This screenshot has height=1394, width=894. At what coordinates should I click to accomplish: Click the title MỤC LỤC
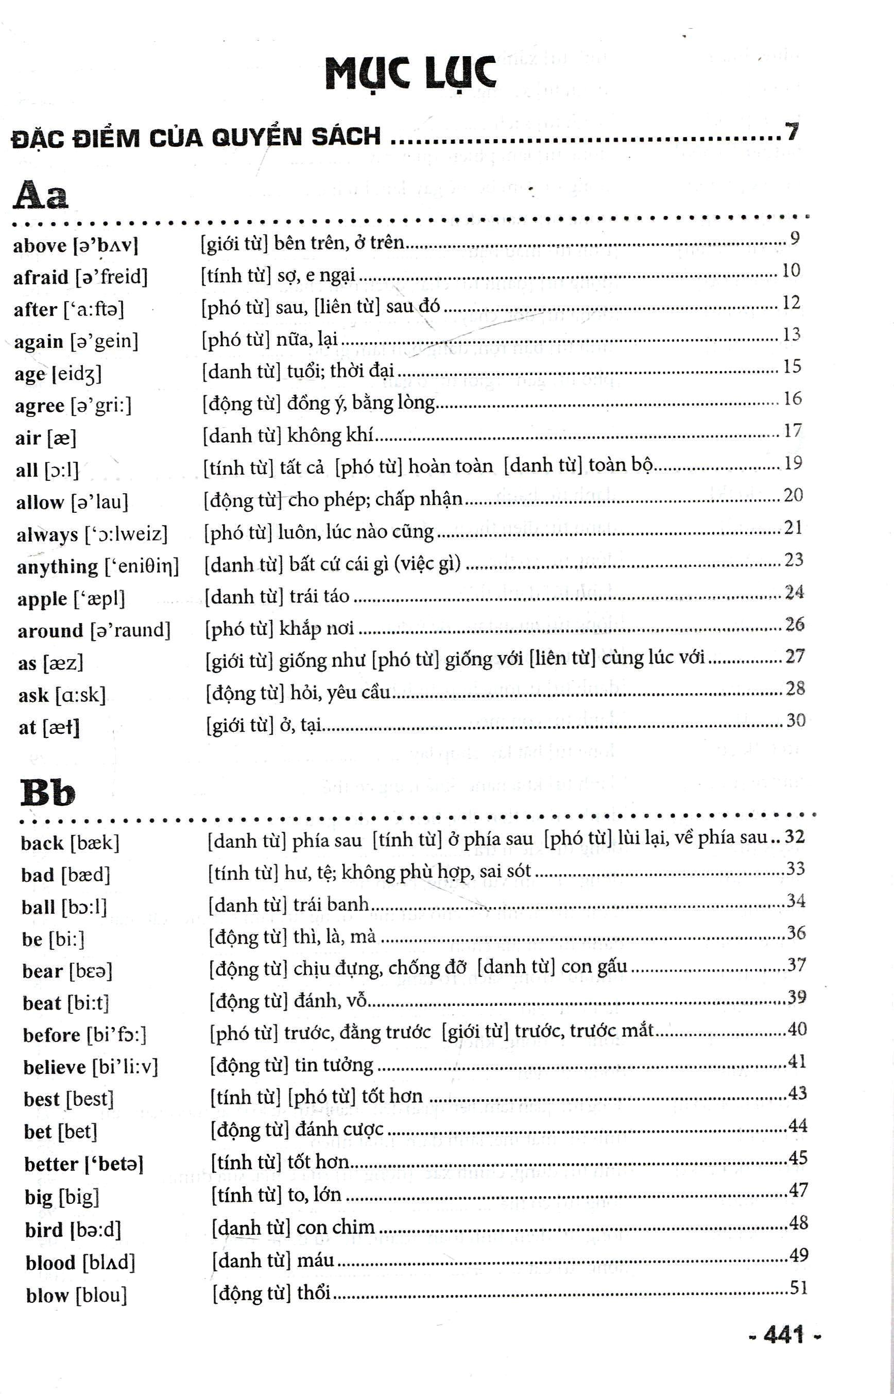(x=410, y=74)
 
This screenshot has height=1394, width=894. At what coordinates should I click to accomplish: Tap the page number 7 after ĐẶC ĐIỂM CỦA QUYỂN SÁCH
(x=792, y=132)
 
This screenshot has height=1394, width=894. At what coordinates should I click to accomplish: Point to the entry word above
(x=40, y=245)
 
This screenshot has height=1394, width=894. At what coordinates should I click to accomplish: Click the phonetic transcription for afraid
(x=111, y=276)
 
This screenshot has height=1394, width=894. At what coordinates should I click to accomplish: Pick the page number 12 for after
(x=791, y=303)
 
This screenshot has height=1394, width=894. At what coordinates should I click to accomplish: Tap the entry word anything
(x=58, y=566)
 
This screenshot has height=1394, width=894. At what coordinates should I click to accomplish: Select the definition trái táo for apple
(x=320, y=596)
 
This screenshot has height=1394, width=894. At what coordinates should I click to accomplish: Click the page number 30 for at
(x=796, y=721)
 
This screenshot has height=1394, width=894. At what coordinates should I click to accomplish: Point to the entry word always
(x=47, y=534)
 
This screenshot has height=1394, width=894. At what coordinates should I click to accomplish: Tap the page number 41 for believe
(x=797, y=1062)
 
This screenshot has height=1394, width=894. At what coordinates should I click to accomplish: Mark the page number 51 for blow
(x=799, y=1288)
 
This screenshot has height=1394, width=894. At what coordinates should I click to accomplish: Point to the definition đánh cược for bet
(x=339, y=1129)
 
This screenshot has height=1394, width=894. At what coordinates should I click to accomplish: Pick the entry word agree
(x=40, y=406)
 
